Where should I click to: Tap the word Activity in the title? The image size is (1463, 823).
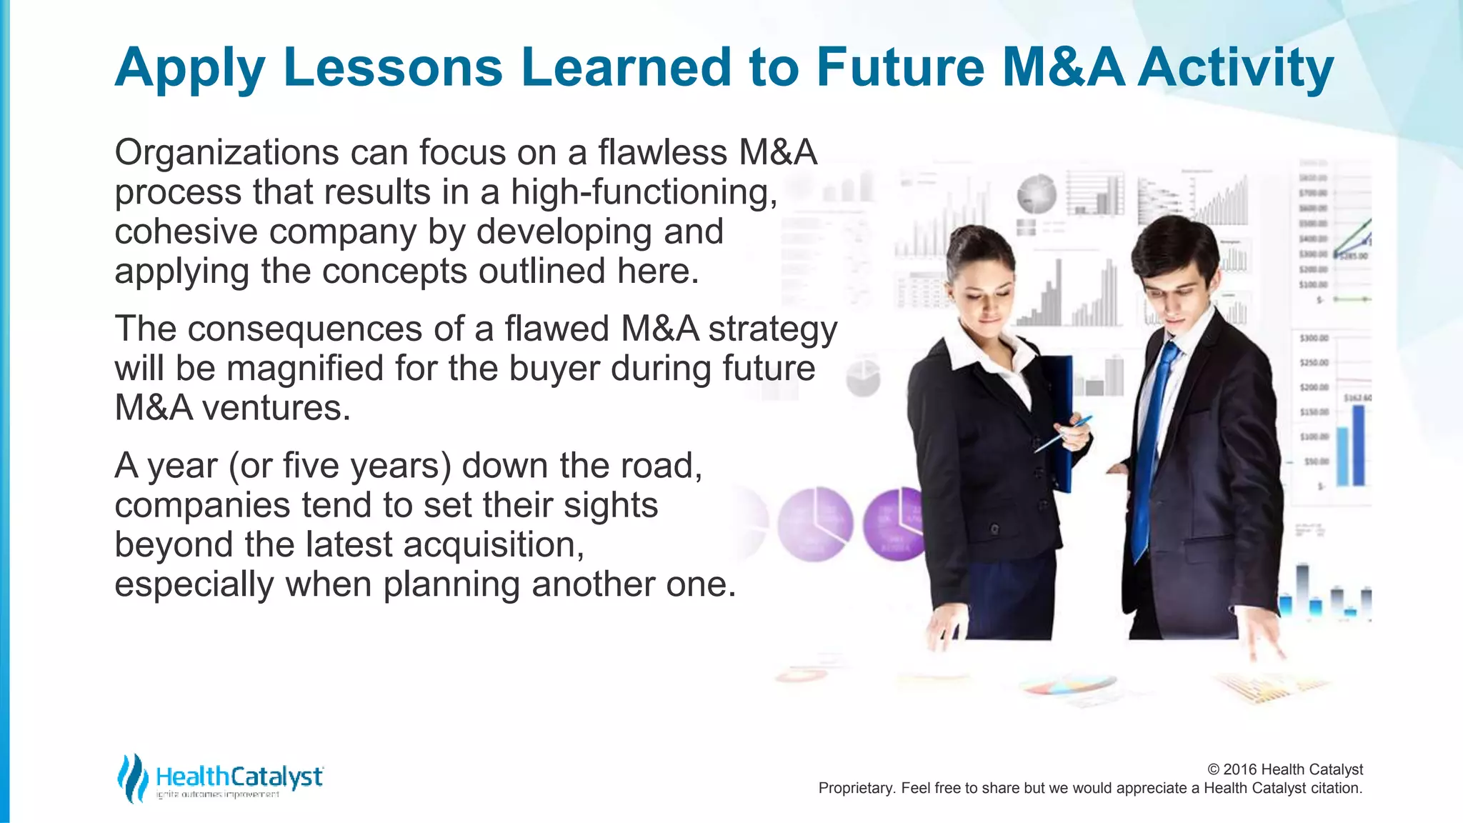click(1235, 69)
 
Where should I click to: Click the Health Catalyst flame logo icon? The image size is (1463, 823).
click(132, 778)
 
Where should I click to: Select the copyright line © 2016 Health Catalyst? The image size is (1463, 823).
click(1284, 769)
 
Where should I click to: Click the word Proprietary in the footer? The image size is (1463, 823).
click(855, 788)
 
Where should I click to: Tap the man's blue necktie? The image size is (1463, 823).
click(1152, 443)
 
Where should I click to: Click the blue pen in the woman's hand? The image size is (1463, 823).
click(1064, 433)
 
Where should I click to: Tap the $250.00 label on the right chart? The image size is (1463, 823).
click(1313, 363)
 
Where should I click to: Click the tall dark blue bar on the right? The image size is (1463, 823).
click(1358, 445)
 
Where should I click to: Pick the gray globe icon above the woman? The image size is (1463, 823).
click(1037, 194)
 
